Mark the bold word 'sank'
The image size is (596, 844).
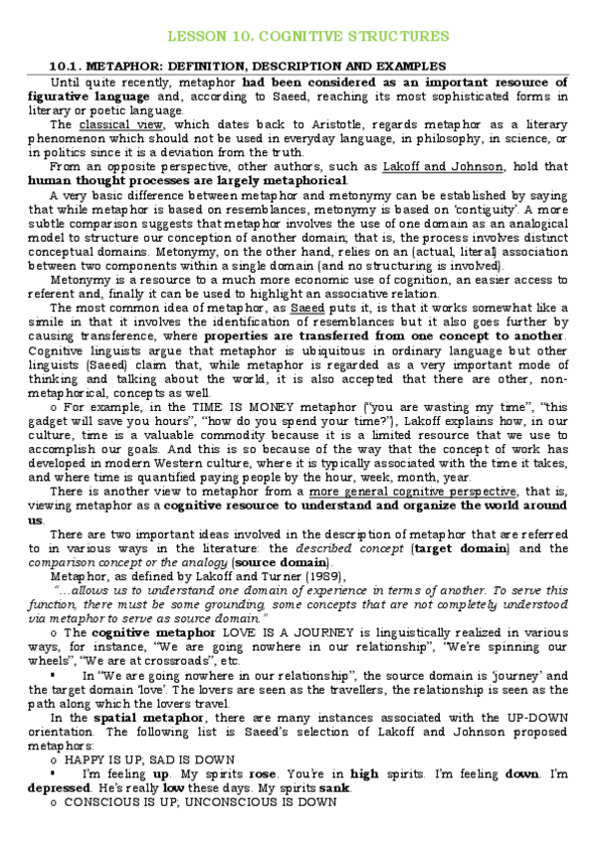tap(346, 787)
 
